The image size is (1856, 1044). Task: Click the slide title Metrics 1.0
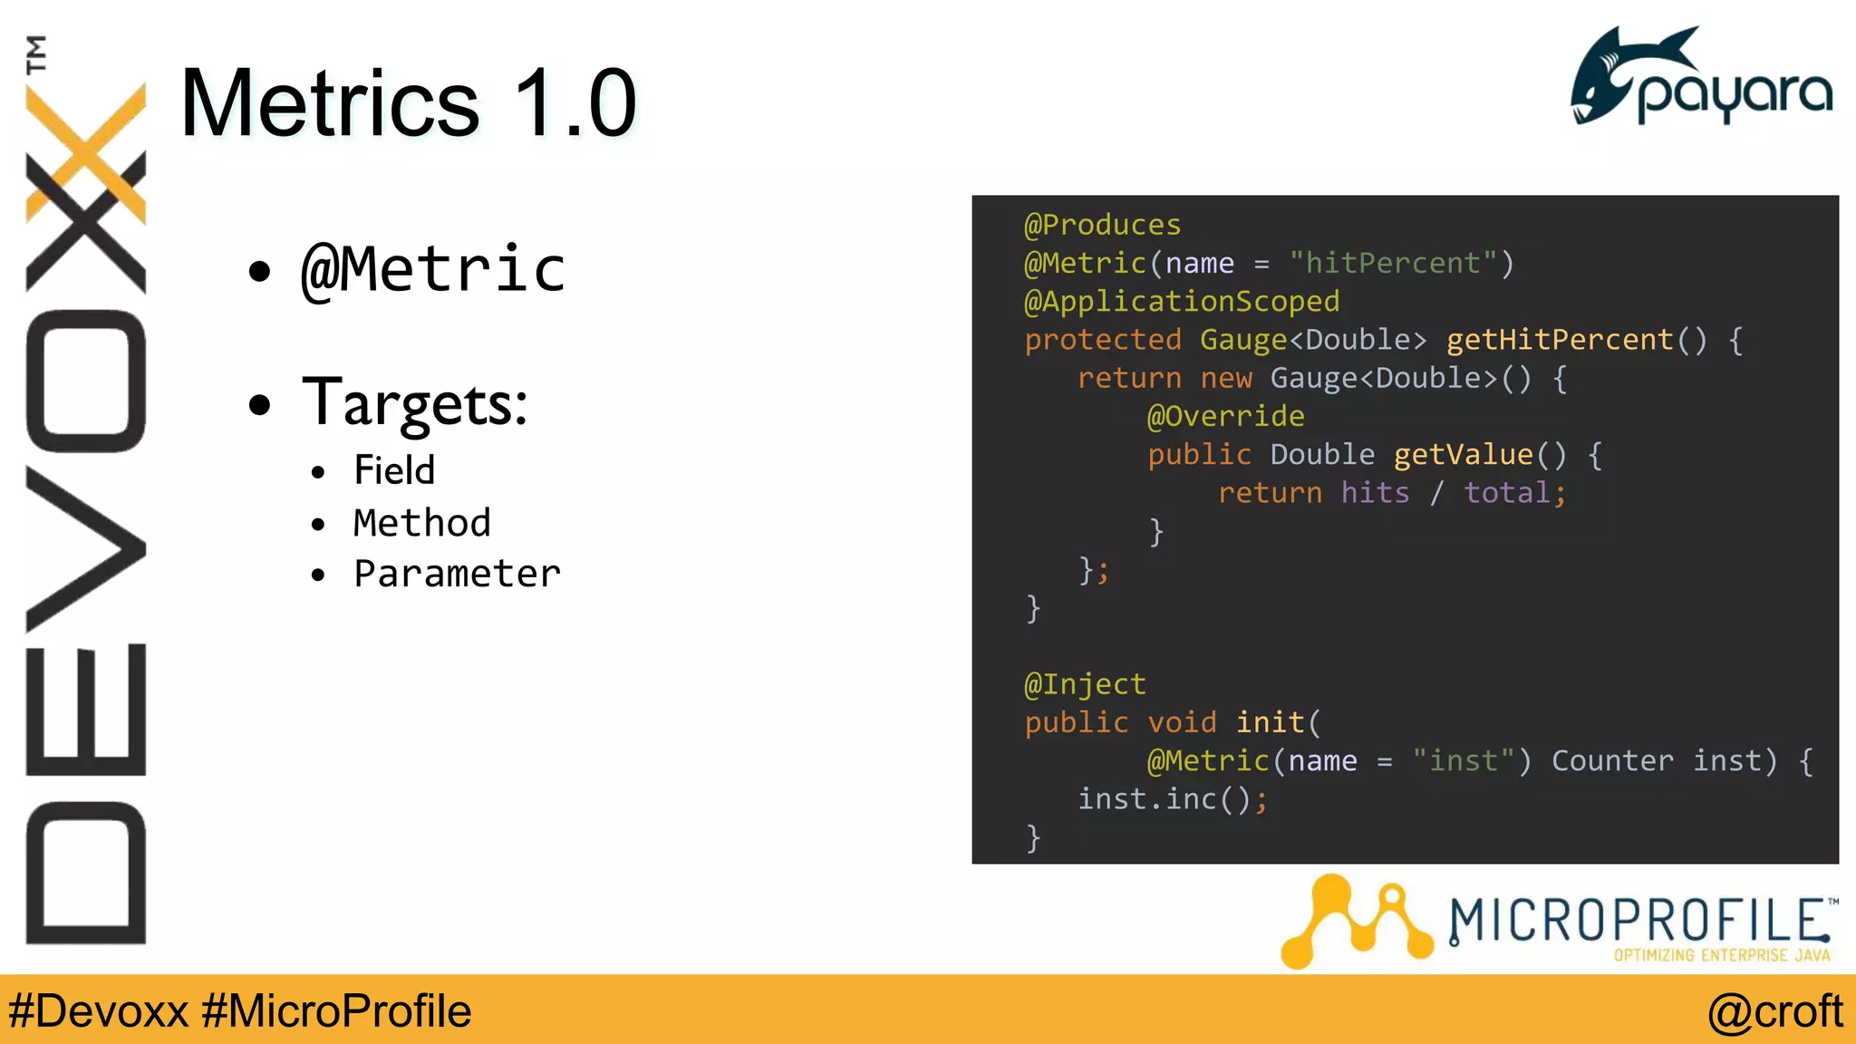click(408, 103)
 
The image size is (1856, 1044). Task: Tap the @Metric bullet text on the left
click(433, 270)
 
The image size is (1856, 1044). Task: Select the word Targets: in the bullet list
click(414, 403)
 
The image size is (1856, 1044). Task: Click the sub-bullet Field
click(394, 470)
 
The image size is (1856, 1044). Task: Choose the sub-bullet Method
click(421, 523)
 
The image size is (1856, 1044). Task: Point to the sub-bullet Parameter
click(457, 574)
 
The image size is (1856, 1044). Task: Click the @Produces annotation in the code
click(1102, 225)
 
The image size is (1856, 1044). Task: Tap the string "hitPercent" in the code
click(1392, 264)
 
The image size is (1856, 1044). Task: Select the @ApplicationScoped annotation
click(1181, 302)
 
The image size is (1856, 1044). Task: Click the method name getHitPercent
click(1559, 340)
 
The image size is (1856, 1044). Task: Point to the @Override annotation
click(1225, 416)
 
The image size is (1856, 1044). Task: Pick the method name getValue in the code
click(1463, 455)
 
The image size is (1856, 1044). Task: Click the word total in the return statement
click(1507, 493)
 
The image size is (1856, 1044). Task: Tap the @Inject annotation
click(1085, 684)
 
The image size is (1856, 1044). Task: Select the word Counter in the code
click(1612, 761)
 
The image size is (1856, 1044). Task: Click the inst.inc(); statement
click(1172, 799)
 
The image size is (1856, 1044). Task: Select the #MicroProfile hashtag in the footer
click(336, 1011)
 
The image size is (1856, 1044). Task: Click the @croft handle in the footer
click(1774, 1011)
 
